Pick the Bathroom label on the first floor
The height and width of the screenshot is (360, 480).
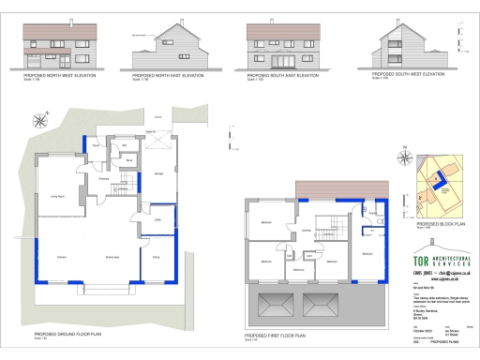pyautogui.click(x=299, y=271)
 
